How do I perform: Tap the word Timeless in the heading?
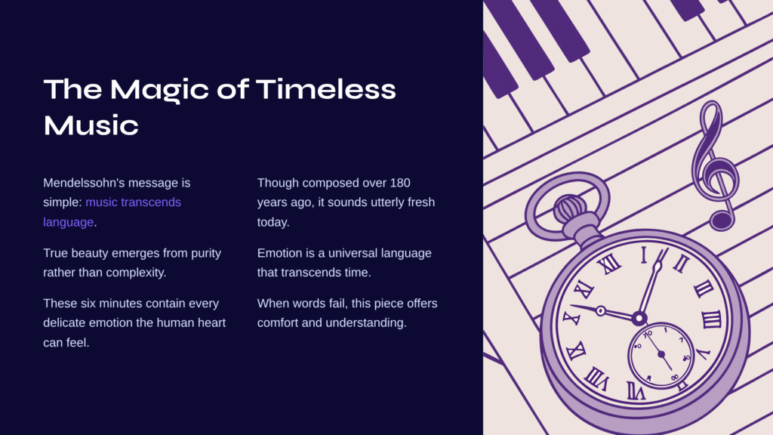[x=326, y=89]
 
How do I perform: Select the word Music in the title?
[x=91, y=125]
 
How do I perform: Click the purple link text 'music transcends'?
[x=133, y=202]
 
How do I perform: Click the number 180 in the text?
[x=400, y=183]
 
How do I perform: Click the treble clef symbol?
[x=715, y=165]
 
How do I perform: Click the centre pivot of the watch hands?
[x=639, y=318]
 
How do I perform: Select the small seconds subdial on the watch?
[x=661, y=355]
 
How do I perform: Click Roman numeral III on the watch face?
[x=711, y=320]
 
